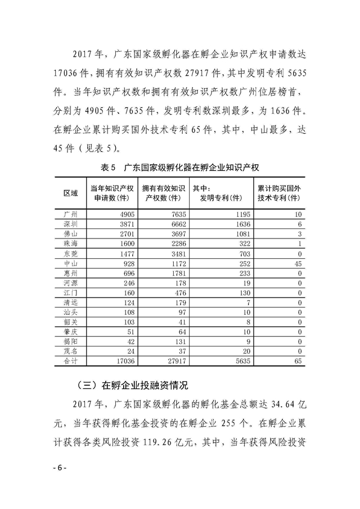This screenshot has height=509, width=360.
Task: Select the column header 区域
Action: point(71,193)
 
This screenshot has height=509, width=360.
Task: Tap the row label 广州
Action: point(71,214)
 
